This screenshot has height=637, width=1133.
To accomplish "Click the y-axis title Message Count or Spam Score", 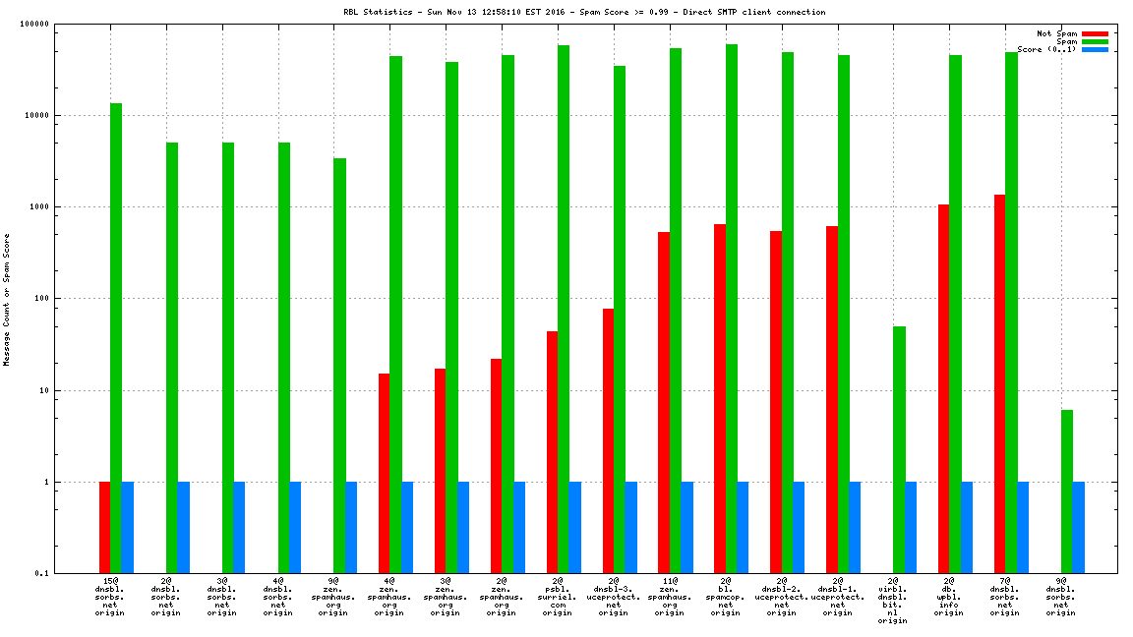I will click(6, 299).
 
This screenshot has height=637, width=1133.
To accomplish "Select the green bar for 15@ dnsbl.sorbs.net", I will click(116, 338).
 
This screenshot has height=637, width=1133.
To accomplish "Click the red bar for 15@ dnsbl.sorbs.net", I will click(104, 528).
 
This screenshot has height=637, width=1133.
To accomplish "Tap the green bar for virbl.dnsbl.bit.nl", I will click(899, 449).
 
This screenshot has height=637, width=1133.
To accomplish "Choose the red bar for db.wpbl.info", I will click(944, 388).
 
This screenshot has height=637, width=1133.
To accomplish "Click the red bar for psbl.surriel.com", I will click(553, 452).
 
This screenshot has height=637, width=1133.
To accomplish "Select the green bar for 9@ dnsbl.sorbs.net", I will click(1067, 492).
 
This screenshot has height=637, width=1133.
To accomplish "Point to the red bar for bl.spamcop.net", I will click(720, 398).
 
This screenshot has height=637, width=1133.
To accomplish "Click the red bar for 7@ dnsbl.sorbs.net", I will click(999, 383).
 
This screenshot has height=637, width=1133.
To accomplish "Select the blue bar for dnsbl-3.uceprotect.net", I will click(631, 528).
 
